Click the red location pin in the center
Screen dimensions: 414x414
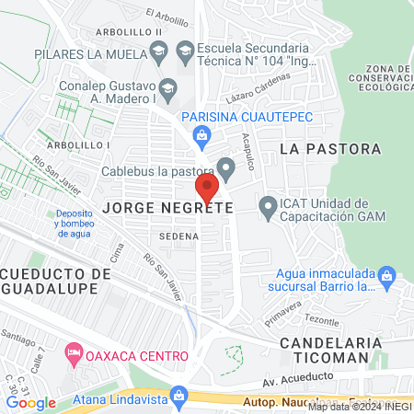(207, 188)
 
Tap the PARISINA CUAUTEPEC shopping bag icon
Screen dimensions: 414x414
(202, 137)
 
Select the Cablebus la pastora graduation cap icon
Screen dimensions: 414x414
(226, 167)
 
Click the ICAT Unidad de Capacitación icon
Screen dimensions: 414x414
(268, 209)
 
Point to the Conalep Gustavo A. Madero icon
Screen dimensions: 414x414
(167, 88)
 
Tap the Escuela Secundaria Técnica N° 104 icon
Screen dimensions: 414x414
(184, 49)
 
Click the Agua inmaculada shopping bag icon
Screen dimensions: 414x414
(387, 275)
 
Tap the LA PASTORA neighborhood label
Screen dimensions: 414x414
(328, 148)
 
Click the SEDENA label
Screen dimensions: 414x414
(178, 236)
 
